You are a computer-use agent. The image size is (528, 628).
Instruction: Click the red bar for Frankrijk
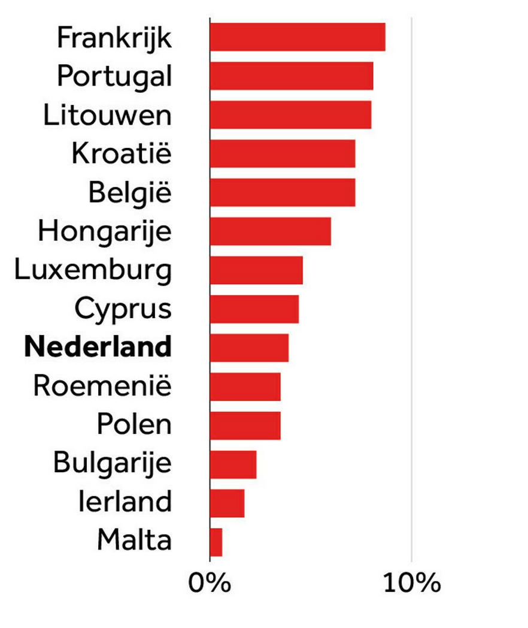click(x=298, y=37)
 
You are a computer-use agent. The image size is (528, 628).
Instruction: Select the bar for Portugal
click(x=292, y=76)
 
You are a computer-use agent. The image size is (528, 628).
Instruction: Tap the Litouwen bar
click(x=290, y=114)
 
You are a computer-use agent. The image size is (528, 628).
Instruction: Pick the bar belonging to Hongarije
click(x=270, y=231)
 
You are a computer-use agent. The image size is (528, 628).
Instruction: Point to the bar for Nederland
click(x=249, y=348)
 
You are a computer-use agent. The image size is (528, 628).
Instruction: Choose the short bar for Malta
click(x=216, y=542)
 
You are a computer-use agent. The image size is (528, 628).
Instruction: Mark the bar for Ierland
click(x=227, y=503)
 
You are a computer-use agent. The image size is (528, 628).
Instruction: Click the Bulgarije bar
click(x=233, y=464)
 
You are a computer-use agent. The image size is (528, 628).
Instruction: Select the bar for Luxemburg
click(x=256, y=270)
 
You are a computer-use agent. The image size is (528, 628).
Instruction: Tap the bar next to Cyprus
click(x=254, y=309)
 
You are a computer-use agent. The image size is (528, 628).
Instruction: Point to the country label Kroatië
click(x=122, y=154)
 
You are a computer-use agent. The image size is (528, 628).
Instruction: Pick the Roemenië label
click(x=102, y=387)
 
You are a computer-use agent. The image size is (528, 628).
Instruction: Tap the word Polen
click(x=134, y=425)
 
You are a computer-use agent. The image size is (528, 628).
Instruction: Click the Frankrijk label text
click(x=114, y=38)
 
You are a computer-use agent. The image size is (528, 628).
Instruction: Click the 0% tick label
click(x=209, y=583)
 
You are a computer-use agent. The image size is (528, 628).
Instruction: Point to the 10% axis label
click(x=411, y=583)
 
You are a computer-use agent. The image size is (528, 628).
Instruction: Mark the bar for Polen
click(x=245, y=425)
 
